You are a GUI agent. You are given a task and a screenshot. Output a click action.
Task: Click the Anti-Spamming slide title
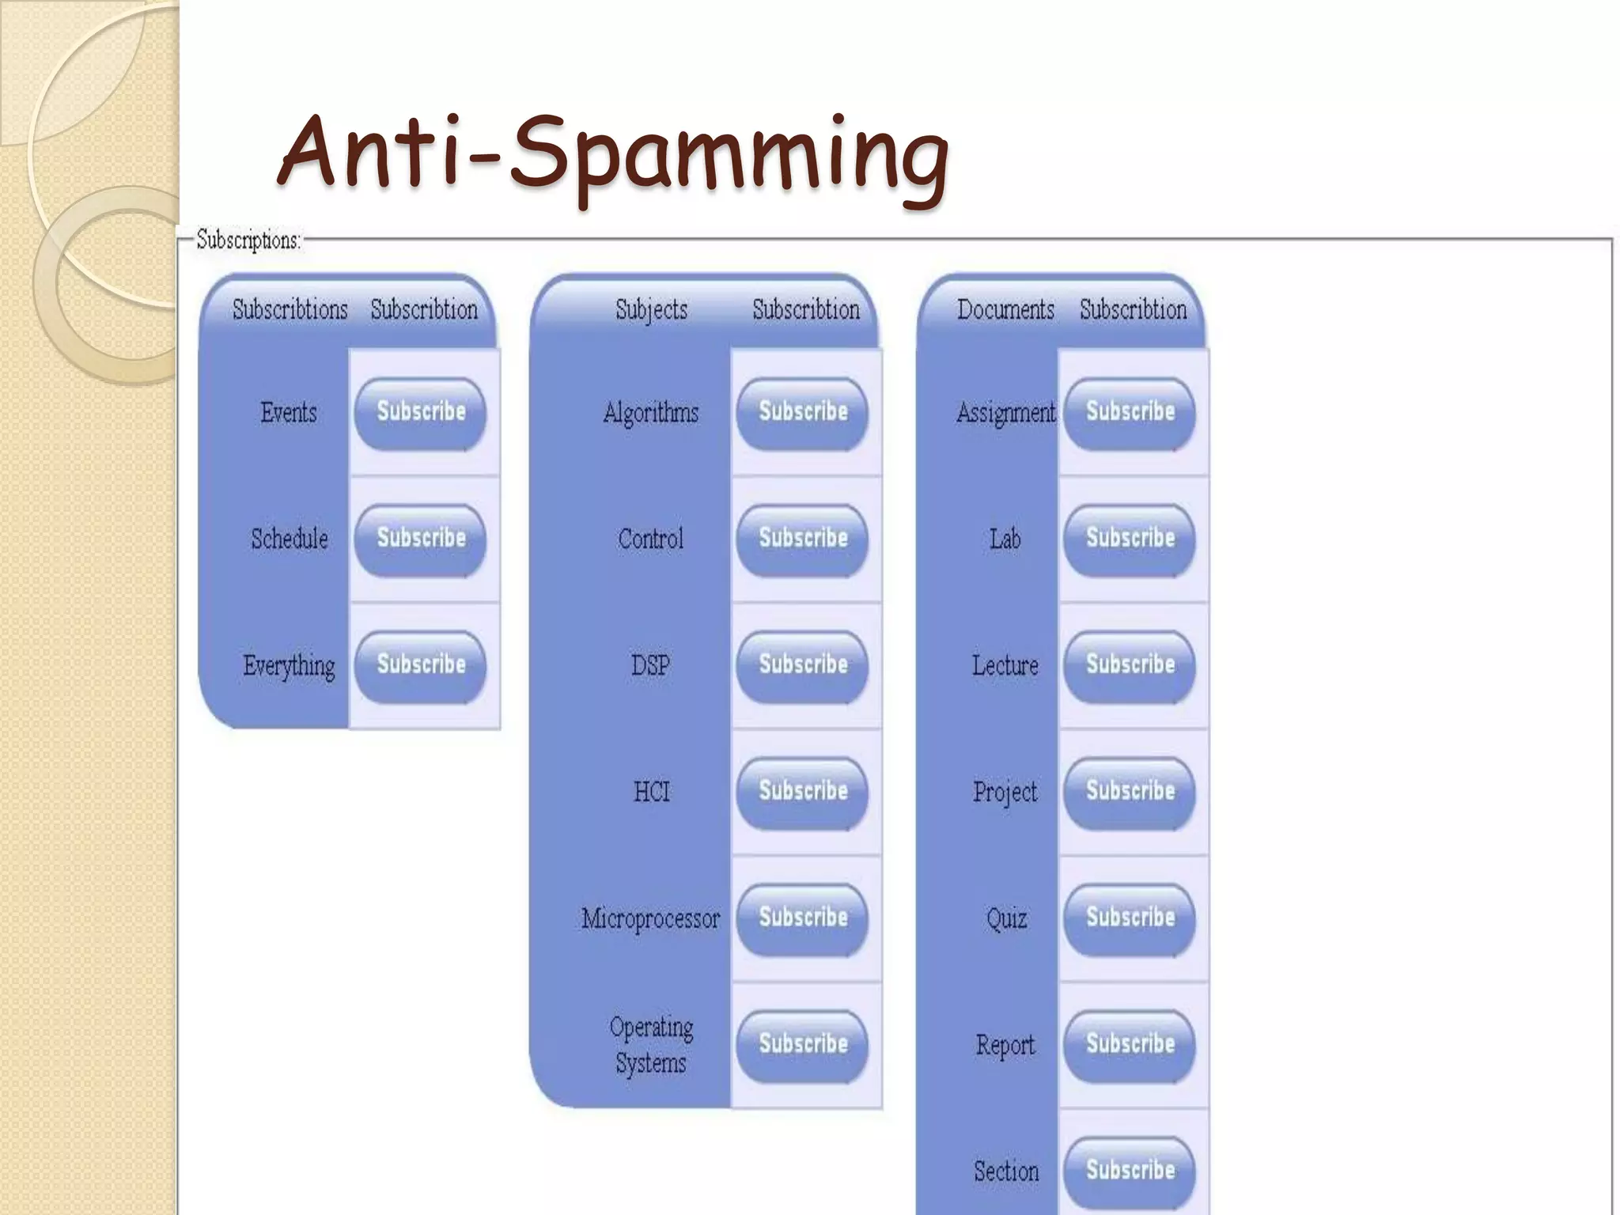(613, 154)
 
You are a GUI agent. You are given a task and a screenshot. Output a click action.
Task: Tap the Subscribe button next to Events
(420, 413)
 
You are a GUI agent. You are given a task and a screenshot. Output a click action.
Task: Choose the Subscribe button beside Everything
(420, 666)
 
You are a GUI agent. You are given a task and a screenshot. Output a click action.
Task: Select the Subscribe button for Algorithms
(802, 413)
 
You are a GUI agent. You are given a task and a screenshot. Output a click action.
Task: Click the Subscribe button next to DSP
(802, 666)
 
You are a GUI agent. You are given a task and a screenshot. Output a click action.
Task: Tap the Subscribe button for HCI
(802, 793)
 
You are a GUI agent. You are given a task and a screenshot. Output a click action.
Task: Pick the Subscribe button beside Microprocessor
(802, 919)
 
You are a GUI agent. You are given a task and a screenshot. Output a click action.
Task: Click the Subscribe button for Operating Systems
(802, 1046)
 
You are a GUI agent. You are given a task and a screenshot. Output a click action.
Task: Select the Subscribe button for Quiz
(1130, 919)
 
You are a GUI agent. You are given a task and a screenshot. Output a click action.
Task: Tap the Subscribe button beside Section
(1130, 1171)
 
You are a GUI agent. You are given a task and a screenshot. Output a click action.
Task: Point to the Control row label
(650, 539)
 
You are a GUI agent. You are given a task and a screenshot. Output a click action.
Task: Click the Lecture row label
(1005, 666)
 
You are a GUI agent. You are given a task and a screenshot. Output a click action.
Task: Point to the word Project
(1005, 793)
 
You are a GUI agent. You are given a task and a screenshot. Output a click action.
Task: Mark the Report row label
(1005, 1046)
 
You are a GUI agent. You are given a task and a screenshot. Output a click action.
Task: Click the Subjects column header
(651, 309)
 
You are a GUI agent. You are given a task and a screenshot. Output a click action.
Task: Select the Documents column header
(1005, 309)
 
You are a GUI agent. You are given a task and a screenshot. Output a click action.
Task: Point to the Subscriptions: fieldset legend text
(248, 240)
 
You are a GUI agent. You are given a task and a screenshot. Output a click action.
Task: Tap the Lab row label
(1005, 539)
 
